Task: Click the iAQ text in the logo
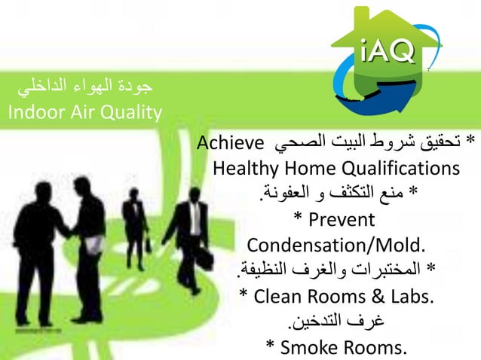click(x=385, y=51)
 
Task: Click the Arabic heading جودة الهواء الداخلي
click(x=84, y=87)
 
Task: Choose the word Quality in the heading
click(x=135, y=114)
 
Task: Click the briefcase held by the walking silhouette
click(x=149, y=244)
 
